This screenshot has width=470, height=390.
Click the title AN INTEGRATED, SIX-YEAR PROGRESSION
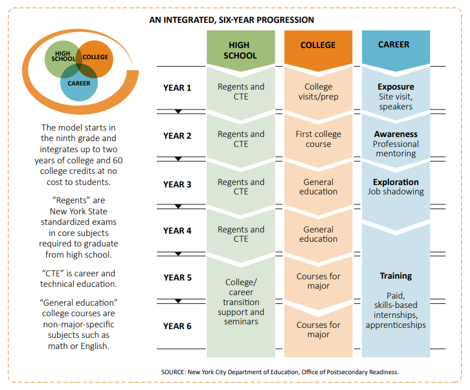click(231, 20)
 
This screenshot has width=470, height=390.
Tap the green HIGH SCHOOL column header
click(240, 50)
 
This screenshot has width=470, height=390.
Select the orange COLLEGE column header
click(318, 45)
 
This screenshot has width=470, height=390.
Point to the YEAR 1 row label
click(177, 88)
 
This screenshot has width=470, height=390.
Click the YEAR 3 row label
click(177, 184)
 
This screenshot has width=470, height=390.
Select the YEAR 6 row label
click(177, 326)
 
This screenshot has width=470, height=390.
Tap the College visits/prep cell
click(318, 91)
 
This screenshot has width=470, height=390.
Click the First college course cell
click(318, 139)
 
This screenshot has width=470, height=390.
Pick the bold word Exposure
click(396, 87)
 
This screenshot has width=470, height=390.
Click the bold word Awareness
click(396, 134)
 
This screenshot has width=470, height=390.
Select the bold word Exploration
click(396, 182)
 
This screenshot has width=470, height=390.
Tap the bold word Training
click(396, 276)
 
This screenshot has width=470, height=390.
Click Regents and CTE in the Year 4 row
click(241, 234)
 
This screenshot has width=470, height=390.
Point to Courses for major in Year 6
click(318, 330)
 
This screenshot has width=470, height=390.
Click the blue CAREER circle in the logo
click(79, 84)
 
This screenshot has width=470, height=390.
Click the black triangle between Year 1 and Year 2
click(179, 111)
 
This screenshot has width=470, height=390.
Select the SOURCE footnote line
click(280, 372)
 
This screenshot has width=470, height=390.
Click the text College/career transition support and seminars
click(241, 302)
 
